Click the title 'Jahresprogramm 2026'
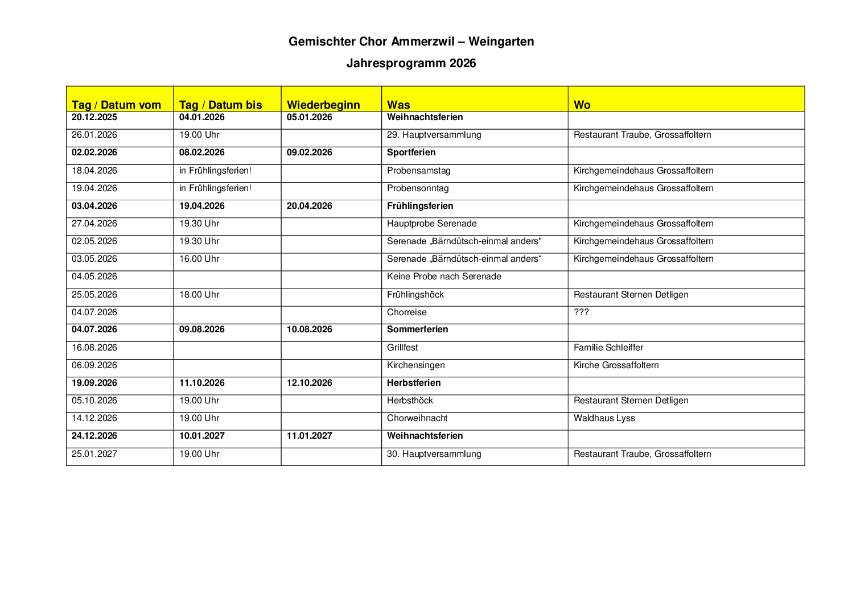[411, 63]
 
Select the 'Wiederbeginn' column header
[323, 105]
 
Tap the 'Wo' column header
[582, 105]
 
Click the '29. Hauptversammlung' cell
[434, 135]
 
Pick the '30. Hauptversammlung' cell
[434, 454]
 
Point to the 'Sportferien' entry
[411, 152]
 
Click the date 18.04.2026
[94, 171]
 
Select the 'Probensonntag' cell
[418, 188]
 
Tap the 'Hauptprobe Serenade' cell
[431, 224]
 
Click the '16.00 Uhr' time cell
[199, 259]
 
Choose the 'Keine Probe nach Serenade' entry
[444, 277]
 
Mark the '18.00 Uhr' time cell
[199, 295]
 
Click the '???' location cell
[581, 312]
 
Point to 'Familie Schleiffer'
[608, 348]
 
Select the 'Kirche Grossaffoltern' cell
[616, 365]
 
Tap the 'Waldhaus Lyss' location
[604, 418]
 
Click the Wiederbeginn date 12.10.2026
[309, 383]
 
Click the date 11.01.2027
[309, 436]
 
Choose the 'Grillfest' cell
[402, 348]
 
